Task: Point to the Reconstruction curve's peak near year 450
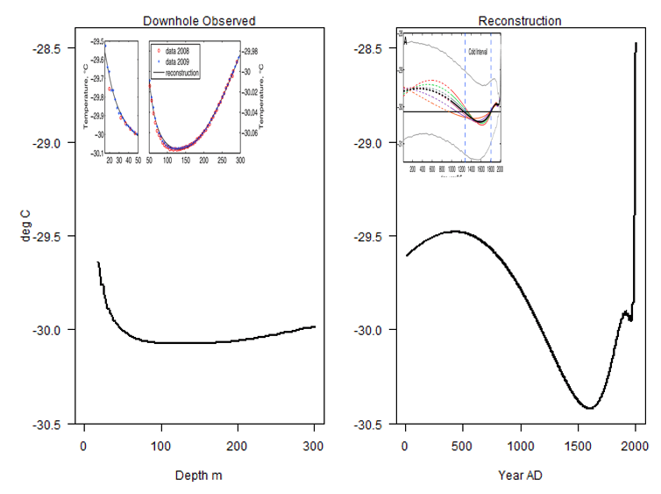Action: [454, 231]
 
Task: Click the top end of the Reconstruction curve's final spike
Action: [636, 44]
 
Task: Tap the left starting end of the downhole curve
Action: [97, 262]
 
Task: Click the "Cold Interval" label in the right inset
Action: [478, 53]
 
